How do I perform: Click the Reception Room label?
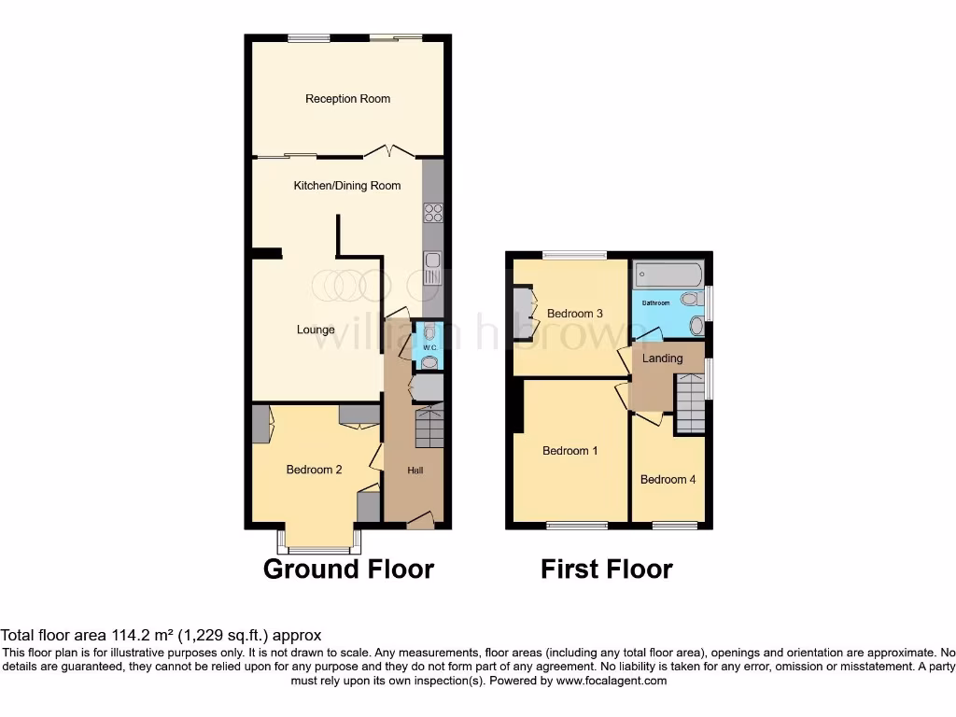(x=347, y=99)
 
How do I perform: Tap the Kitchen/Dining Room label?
(x=346, y=186)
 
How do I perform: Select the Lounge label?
(x=316, y=330)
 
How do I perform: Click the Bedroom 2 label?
(x=314, y=470)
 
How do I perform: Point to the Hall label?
(x=415, y=471)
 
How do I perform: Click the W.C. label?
(x=429, y=348)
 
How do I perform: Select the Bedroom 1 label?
(x=570, y=451)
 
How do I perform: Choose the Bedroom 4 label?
(x=668, y=480)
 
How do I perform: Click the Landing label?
(x=662, y=358)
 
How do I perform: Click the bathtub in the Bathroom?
(x=667, y=276)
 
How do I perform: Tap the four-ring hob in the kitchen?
(x=433, y=213)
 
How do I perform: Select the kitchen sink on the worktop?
(x=433, y=269)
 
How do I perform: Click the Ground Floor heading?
(x=348, y=569)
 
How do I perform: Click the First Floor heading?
(x=607, y=569)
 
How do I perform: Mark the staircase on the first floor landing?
(x=689, y=402)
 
